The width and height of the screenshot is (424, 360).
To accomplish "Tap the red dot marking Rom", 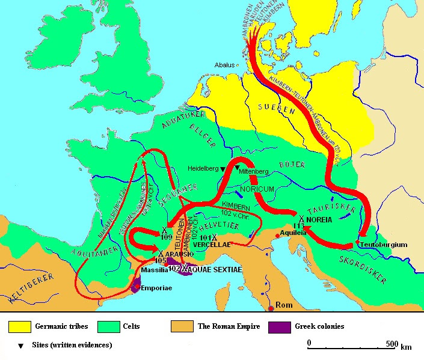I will coord(271,308).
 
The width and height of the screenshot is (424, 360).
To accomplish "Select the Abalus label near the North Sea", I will coord(224,65).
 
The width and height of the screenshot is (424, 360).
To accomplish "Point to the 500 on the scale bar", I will coord(390,344).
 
